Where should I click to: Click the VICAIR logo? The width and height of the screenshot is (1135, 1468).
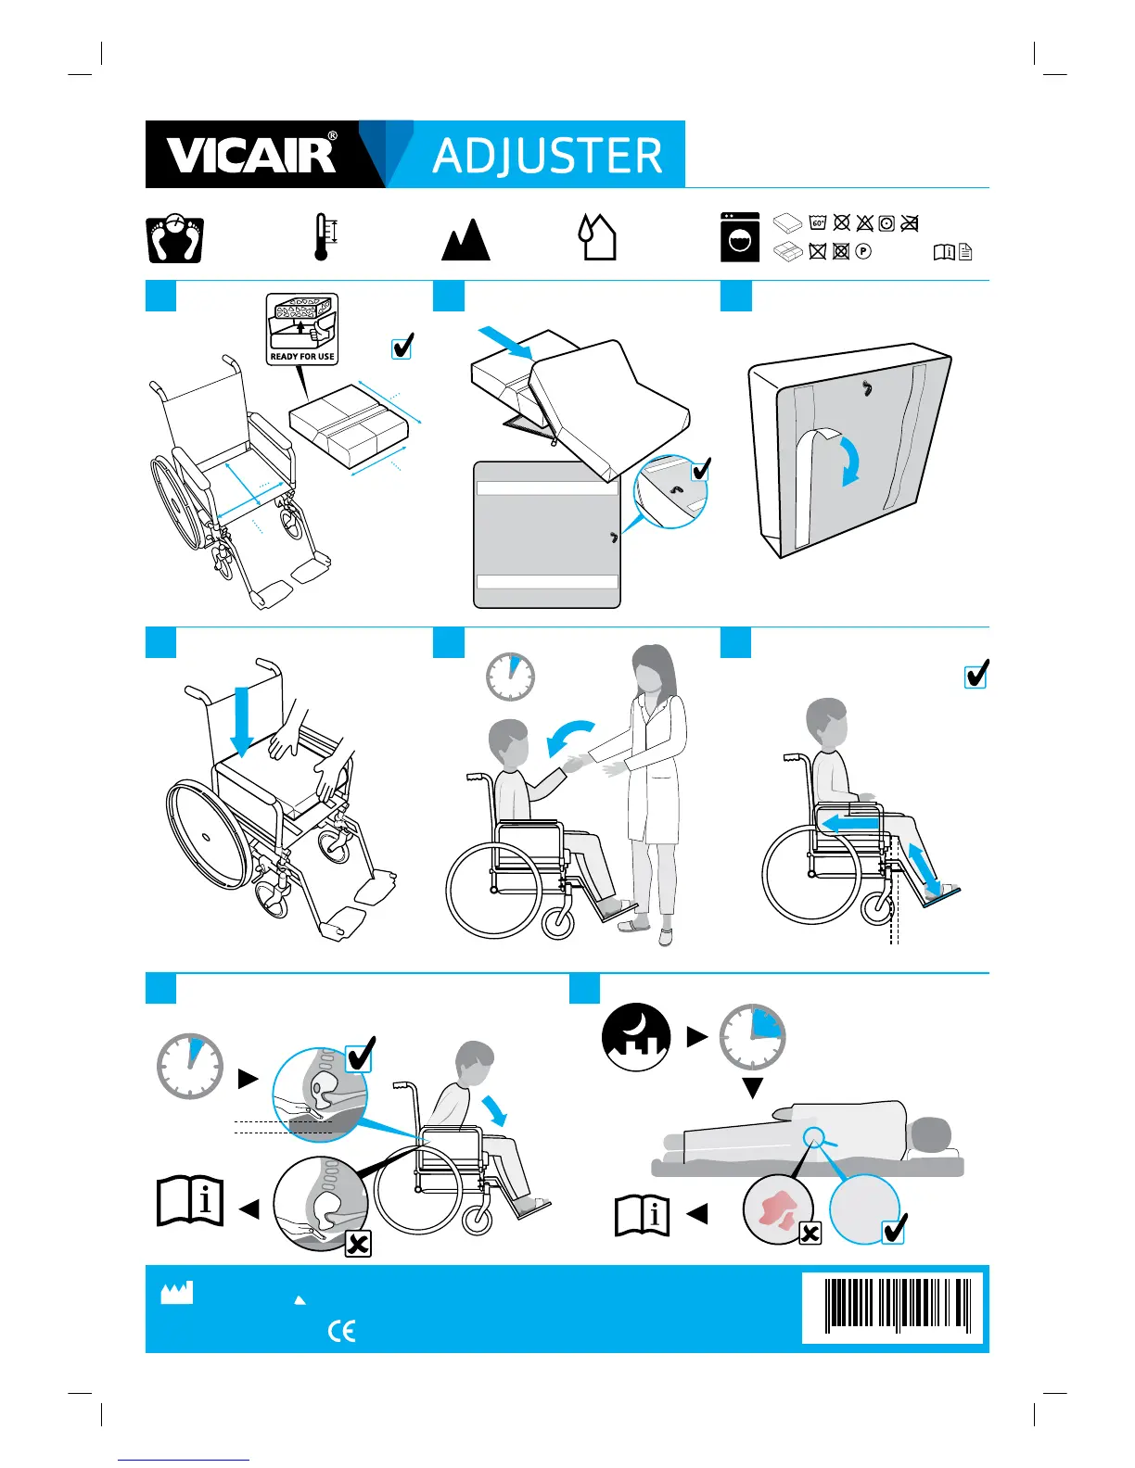(250, 155)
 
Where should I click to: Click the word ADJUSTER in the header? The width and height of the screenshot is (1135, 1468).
(547, 156)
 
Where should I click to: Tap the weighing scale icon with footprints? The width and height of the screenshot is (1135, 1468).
(175, 239)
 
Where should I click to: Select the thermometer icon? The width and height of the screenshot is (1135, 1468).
(322, 237)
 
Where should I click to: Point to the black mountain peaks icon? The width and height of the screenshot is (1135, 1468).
(465, 241)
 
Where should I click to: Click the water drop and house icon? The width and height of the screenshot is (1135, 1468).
(596, 237)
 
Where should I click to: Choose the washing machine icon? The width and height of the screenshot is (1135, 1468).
(740, 237)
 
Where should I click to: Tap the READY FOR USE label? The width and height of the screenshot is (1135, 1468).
(302, 356)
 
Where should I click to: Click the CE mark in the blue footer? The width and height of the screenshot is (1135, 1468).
(342, 1332)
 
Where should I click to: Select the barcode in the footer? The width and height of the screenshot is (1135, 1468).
(892, 1307)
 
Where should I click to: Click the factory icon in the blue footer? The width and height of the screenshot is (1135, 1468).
(177, 1293)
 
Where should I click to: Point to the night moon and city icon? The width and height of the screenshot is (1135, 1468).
(636, 1037)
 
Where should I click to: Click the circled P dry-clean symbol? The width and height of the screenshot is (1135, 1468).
(863, 251)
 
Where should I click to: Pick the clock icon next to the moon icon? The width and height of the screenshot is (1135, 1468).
(753, 1037)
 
